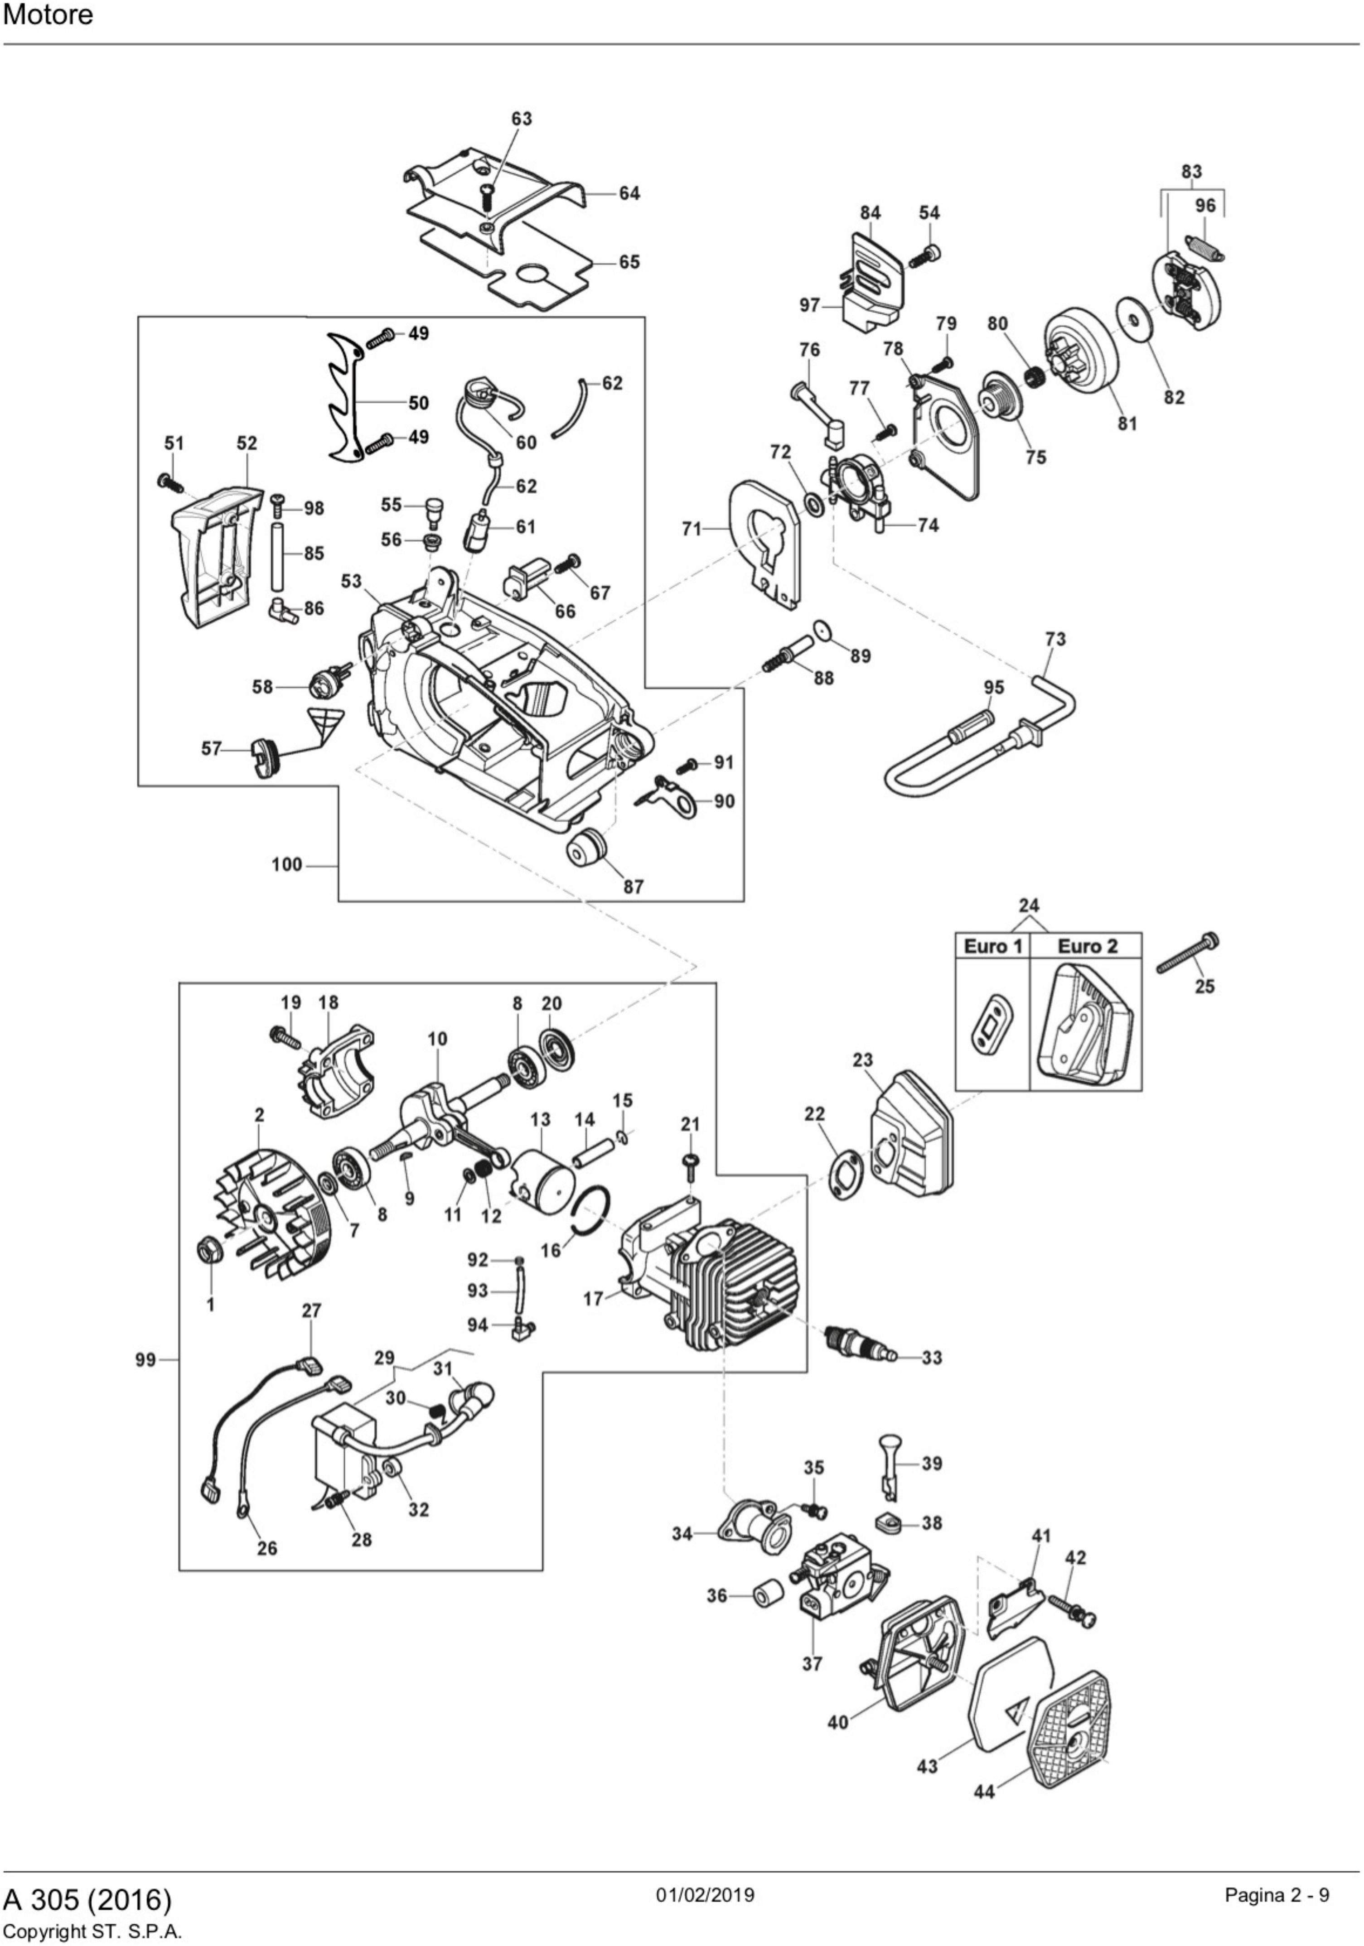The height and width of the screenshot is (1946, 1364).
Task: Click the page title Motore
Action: [48, 15]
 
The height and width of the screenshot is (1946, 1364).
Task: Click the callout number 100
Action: [286, 865]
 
